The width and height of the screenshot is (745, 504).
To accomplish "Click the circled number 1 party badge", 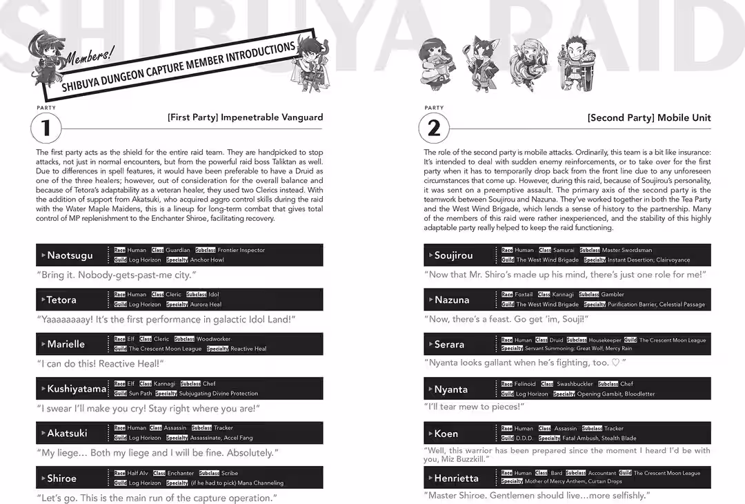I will point(46,128).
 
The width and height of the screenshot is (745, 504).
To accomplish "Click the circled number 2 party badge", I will point(434,128).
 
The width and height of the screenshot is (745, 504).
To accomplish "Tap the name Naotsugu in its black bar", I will point(69,255).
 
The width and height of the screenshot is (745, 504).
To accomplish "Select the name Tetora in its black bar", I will point(61,300).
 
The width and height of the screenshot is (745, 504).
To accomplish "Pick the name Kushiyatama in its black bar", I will point(76,389).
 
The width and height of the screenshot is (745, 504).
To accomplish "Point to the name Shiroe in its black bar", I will point(61,478).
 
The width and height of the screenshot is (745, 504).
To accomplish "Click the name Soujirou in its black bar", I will point(453,255).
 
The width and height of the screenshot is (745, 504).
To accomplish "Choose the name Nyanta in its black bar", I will point(450,389).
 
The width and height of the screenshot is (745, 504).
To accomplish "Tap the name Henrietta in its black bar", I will point(456,478).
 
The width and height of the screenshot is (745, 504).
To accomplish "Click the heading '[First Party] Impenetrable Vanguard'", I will point(245,117).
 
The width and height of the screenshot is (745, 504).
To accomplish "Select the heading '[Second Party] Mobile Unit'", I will point(648,117).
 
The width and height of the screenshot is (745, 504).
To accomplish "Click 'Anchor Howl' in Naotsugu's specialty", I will point(207,260).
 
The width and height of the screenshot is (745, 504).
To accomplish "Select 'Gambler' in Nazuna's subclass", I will point(613,294).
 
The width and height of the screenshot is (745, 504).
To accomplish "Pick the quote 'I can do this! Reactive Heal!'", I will point(100,363).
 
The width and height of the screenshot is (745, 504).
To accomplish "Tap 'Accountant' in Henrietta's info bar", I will point(602,473).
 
